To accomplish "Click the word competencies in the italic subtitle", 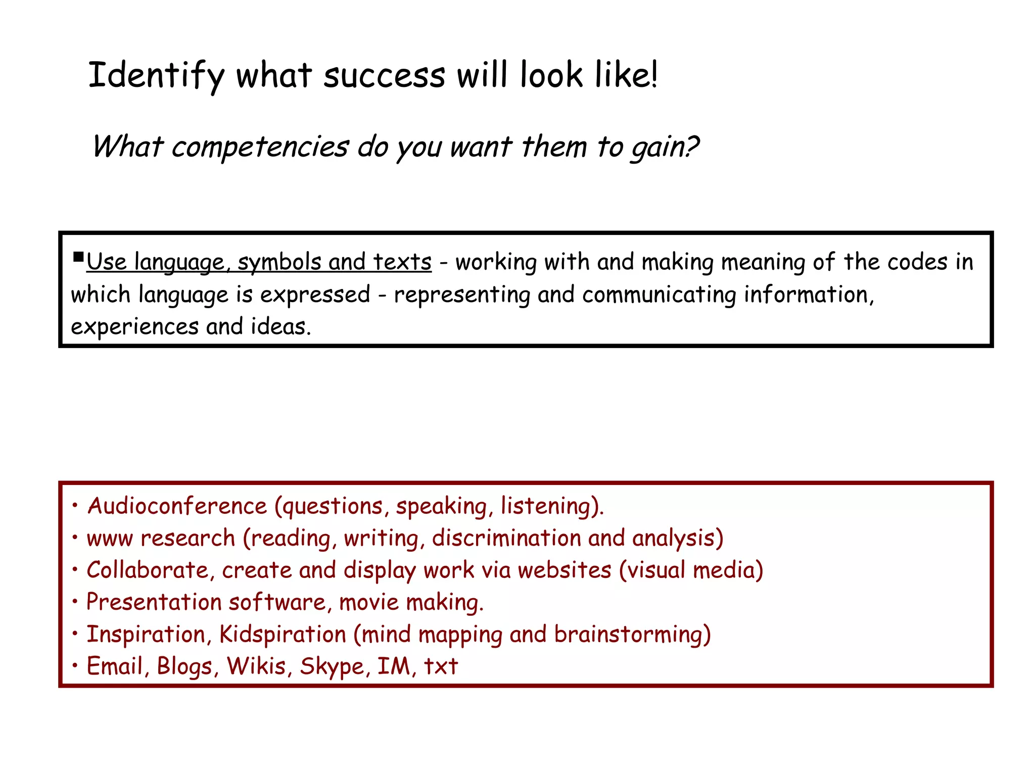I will pyautogui.click(x=260, y=147).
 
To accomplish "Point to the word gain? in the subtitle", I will pyautogui.click(x=664, y=147).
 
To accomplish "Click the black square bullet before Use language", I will pyautogui.click(x=78, y=258).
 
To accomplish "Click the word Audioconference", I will pyautogui.click(x=177, y=506).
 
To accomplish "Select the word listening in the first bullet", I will pyautogui.click(x=551, y=506).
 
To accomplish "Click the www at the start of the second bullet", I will pyautogui.click(x=110, y=539).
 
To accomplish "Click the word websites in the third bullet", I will pyautogui.click(x=564, y=570).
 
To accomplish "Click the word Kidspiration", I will pyautogui.click(x=283, y=635).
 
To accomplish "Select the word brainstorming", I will pyautogui.click(x=632, y=635).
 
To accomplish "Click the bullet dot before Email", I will pyautogui.click(x=75, y=666).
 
